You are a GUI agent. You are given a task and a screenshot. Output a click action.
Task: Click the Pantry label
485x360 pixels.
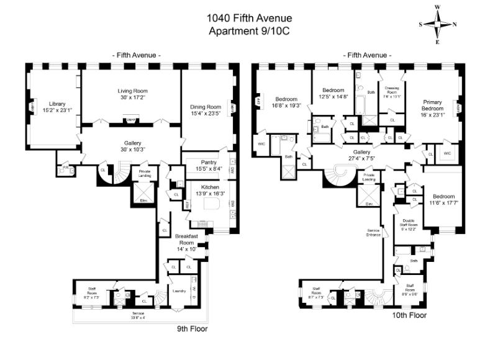209,164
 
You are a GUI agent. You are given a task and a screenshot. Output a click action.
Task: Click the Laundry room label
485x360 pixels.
180,290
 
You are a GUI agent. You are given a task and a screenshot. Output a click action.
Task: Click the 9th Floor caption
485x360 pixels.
192,328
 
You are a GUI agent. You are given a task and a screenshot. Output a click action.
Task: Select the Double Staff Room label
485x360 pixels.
409,225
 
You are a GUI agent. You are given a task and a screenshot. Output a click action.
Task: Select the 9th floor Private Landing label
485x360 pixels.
145,173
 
